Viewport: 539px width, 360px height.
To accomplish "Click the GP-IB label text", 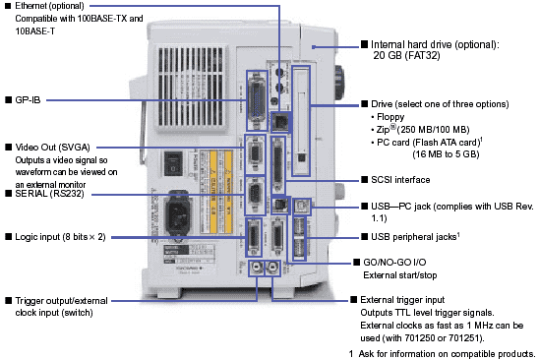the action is click(x=28, y=100).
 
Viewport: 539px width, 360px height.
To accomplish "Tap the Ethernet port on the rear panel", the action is click(x=281, y=122).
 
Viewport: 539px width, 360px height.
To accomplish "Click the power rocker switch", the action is click(x=172, y=163).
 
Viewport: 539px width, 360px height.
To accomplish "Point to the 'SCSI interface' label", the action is click(x=400, y=180).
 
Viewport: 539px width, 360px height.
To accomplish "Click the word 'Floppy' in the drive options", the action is click(x=390, y=117).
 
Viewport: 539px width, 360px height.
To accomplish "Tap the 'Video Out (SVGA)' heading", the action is click(x=52, y=148).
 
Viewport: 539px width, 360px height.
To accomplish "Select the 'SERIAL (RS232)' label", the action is click(x=49, y=194).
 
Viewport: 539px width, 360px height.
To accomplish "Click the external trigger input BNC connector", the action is click(x=273, y=268).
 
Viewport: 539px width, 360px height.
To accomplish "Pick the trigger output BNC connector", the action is click(x=257, y=268).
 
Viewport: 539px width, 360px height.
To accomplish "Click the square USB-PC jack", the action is click(x=302, y=207).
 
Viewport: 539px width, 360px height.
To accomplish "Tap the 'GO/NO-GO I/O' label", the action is click(x=394, y=263).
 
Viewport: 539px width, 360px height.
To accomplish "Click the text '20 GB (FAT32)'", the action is click(x=406, y=56).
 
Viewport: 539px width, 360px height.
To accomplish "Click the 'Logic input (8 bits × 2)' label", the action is click(x=61, y=237).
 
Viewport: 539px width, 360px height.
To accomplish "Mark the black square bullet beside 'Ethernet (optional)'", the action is click(x=8, y=6).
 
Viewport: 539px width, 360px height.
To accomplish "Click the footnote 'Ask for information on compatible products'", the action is click(x=447, y=354).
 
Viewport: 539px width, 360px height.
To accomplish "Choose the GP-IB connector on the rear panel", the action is click(x=257, y=100).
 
